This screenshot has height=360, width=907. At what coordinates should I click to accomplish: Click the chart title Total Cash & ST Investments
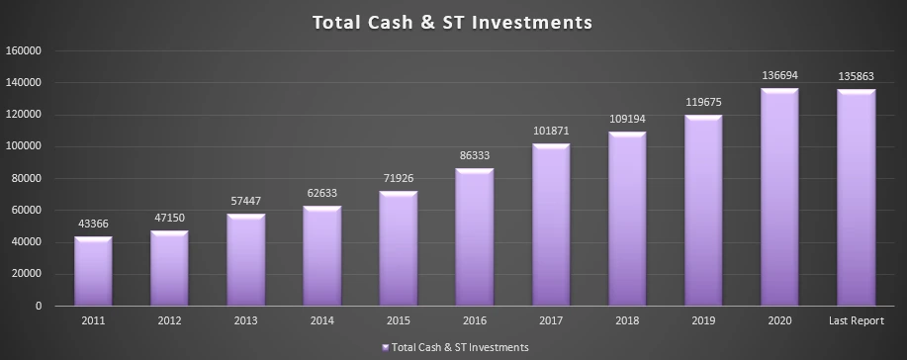(x=452, y=23)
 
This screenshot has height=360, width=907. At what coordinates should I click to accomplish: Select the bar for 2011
(x=93, y=271)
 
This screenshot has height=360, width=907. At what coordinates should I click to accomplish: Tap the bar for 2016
(x=475, y=236)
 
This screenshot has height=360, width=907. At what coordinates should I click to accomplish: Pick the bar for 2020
(x=779, y=197)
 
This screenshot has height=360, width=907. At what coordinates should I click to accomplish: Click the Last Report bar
(x=857, y=198)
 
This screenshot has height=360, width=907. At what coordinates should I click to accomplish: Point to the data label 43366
(x=93, y=224)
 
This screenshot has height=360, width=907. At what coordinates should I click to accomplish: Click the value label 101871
(x=551, y=132)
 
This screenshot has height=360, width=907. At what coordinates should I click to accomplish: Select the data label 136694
(x=779, y=76)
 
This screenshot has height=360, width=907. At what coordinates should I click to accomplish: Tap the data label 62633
(x=321, y=193)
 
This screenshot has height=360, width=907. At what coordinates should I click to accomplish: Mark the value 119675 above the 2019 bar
(x=703, y=103)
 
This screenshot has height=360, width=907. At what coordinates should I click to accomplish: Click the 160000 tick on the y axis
(x=23, y=50)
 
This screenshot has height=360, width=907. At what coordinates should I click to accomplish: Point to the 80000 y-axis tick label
(x=26, y=179)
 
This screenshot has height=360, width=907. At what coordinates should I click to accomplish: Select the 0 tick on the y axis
(x=40, y=307)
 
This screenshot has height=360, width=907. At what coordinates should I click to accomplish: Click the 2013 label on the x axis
(x=246, y=320)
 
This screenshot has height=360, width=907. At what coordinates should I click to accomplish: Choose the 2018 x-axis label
(x=627, y=320)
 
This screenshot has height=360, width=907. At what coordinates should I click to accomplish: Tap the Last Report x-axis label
(x=857, y=320)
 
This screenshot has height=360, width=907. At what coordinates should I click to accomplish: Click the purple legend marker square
(x=386, y=347)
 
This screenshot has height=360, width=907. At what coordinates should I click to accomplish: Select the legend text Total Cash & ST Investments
(x=460, y=347)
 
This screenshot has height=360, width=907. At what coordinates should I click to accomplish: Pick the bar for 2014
(x=321, y=256)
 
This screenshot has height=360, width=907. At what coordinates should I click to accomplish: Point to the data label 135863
(x=857, y=77)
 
